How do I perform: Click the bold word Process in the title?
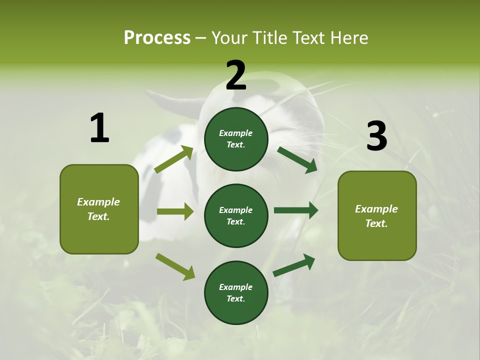coord(157,37)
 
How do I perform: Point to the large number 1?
coord(99,128)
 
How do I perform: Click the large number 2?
coord(236,75)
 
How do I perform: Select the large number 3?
coord(376,136)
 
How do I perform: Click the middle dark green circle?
coord(236,215)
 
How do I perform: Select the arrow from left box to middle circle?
coord(175,211)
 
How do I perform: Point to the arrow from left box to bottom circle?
coord(175,266)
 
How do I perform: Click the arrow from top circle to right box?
coord(297,159)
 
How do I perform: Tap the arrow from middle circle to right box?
coord(296,210)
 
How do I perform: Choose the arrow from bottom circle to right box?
coord(294,265)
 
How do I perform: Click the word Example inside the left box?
coord(98,202)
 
